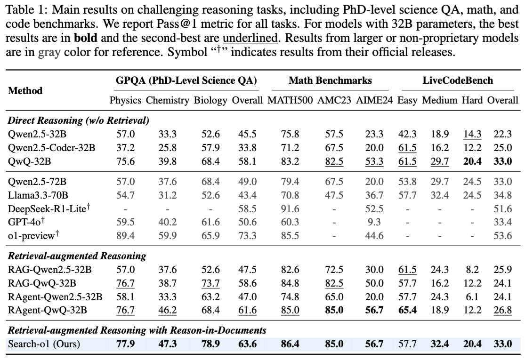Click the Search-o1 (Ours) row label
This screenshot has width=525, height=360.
click(44, 344)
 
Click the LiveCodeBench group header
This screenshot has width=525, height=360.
click(458, 80)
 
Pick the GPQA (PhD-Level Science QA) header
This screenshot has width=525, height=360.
click(186, 80)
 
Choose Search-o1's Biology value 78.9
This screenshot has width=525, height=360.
click(210, 344)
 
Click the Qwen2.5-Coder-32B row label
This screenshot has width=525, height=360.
click(51, 148)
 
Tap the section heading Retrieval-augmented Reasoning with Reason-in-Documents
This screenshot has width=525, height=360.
click(137, 331)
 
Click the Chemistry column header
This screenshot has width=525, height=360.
click(167, 100)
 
